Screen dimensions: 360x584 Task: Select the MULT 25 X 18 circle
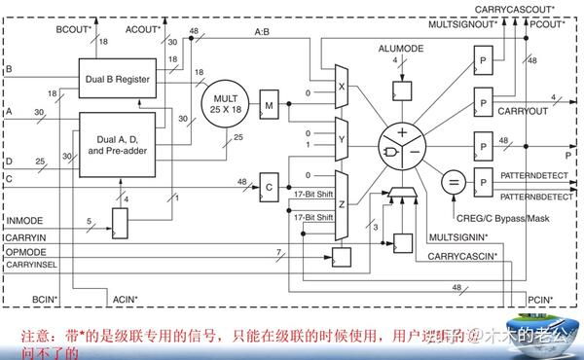tap(226, 102)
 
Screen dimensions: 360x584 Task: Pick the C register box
tap(270, 183)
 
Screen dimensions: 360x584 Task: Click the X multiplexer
tap(341, 84)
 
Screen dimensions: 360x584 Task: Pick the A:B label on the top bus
tap(264, 32)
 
